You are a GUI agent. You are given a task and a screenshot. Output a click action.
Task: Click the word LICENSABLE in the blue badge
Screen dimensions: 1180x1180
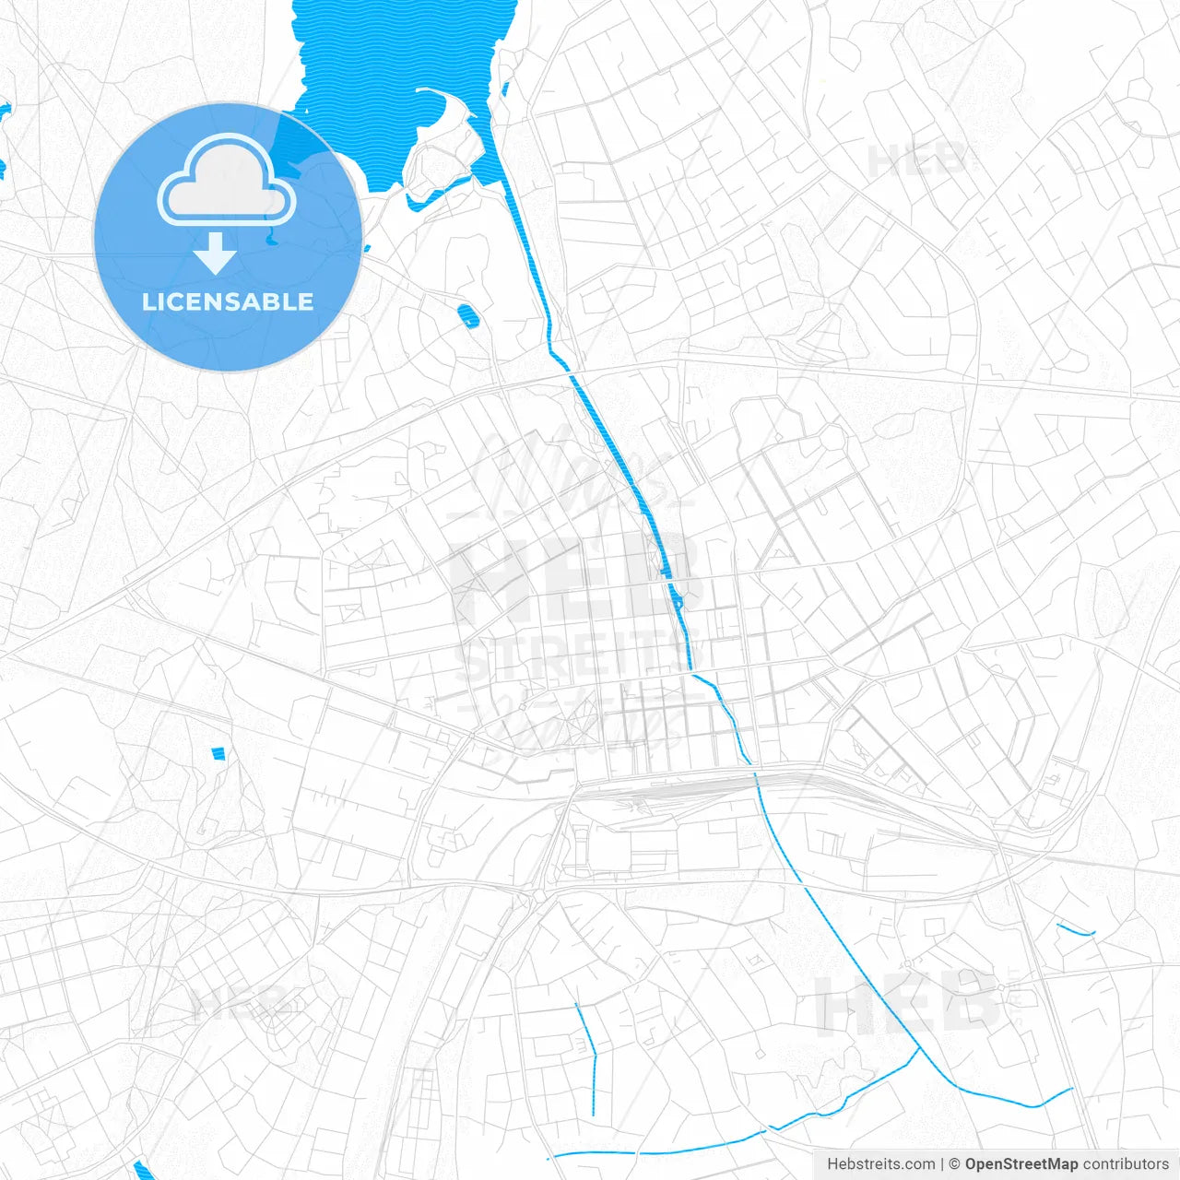coord(227,301)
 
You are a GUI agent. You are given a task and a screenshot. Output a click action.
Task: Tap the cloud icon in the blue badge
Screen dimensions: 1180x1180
coord(227,180)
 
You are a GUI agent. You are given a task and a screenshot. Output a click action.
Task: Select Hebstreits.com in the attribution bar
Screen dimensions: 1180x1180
coord(880,1164)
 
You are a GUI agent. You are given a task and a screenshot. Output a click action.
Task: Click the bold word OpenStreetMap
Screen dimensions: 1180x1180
coord(1021,1164)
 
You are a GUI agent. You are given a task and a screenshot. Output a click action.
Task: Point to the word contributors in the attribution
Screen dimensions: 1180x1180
coord(1126,1164)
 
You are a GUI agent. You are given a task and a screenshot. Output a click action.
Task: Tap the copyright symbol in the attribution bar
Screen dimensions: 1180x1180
coord(955,1164)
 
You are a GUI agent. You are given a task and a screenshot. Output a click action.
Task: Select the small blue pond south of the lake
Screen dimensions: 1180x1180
coord(468,316)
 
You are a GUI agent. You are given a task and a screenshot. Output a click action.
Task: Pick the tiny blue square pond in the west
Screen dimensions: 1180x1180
coord(218,753)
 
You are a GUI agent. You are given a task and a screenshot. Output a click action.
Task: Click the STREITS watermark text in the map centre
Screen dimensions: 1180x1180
coord(576,657)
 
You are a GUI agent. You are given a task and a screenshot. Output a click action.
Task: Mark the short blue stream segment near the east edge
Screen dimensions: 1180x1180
coord(1075,930)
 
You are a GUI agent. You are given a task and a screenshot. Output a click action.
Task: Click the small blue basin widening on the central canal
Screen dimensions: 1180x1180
coord(675,596)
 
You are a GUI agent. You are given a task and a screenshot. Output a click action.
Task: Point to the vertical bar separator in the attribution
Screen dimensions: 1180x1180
coord(941,1164)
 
